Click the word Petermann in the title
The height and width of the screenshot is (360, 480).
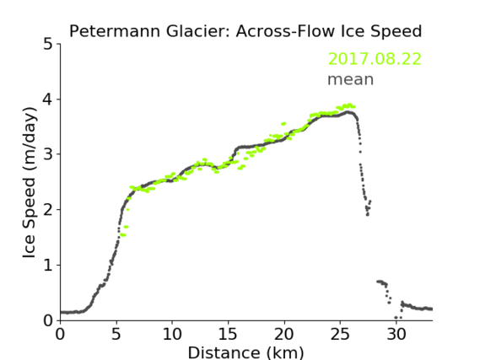(115, 31)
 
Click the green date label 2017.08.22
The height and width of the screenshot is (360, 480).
(375, 59)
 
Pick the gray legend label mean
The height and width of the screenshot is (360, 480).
(351, 79)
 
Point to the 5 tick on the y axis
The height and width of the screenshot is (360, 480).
(48, 45)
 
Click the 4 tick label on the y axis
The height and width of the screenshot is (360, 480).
(47, 99)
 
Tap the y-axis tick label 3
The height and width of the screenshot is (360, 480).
(48, 154)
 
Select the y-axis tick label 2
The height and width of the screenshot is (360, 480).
(48, 210)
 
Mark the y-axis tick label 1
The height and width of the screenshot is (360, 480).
(48, 266)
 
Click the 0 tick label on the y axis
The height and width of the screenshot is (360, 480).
(48, 320)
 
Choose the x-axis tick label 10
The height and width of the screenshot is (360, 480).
(172, 334)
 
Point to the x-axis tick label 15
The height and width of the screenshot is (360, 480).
(228, 334)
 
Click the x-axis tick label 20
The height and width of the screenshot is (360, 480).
(284, 334)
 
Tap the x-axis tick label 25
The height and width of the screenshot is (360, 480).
(340, 334)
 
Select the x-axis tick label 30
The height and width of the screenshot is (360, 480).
(396, 334)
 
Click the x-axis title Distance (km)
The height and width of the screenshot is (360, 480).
(245, 353)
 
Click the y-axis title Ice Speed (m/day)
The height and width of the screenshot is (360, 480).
(29, 182)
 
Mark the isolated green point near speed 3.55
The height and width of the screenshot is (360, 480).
(283, 124)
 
